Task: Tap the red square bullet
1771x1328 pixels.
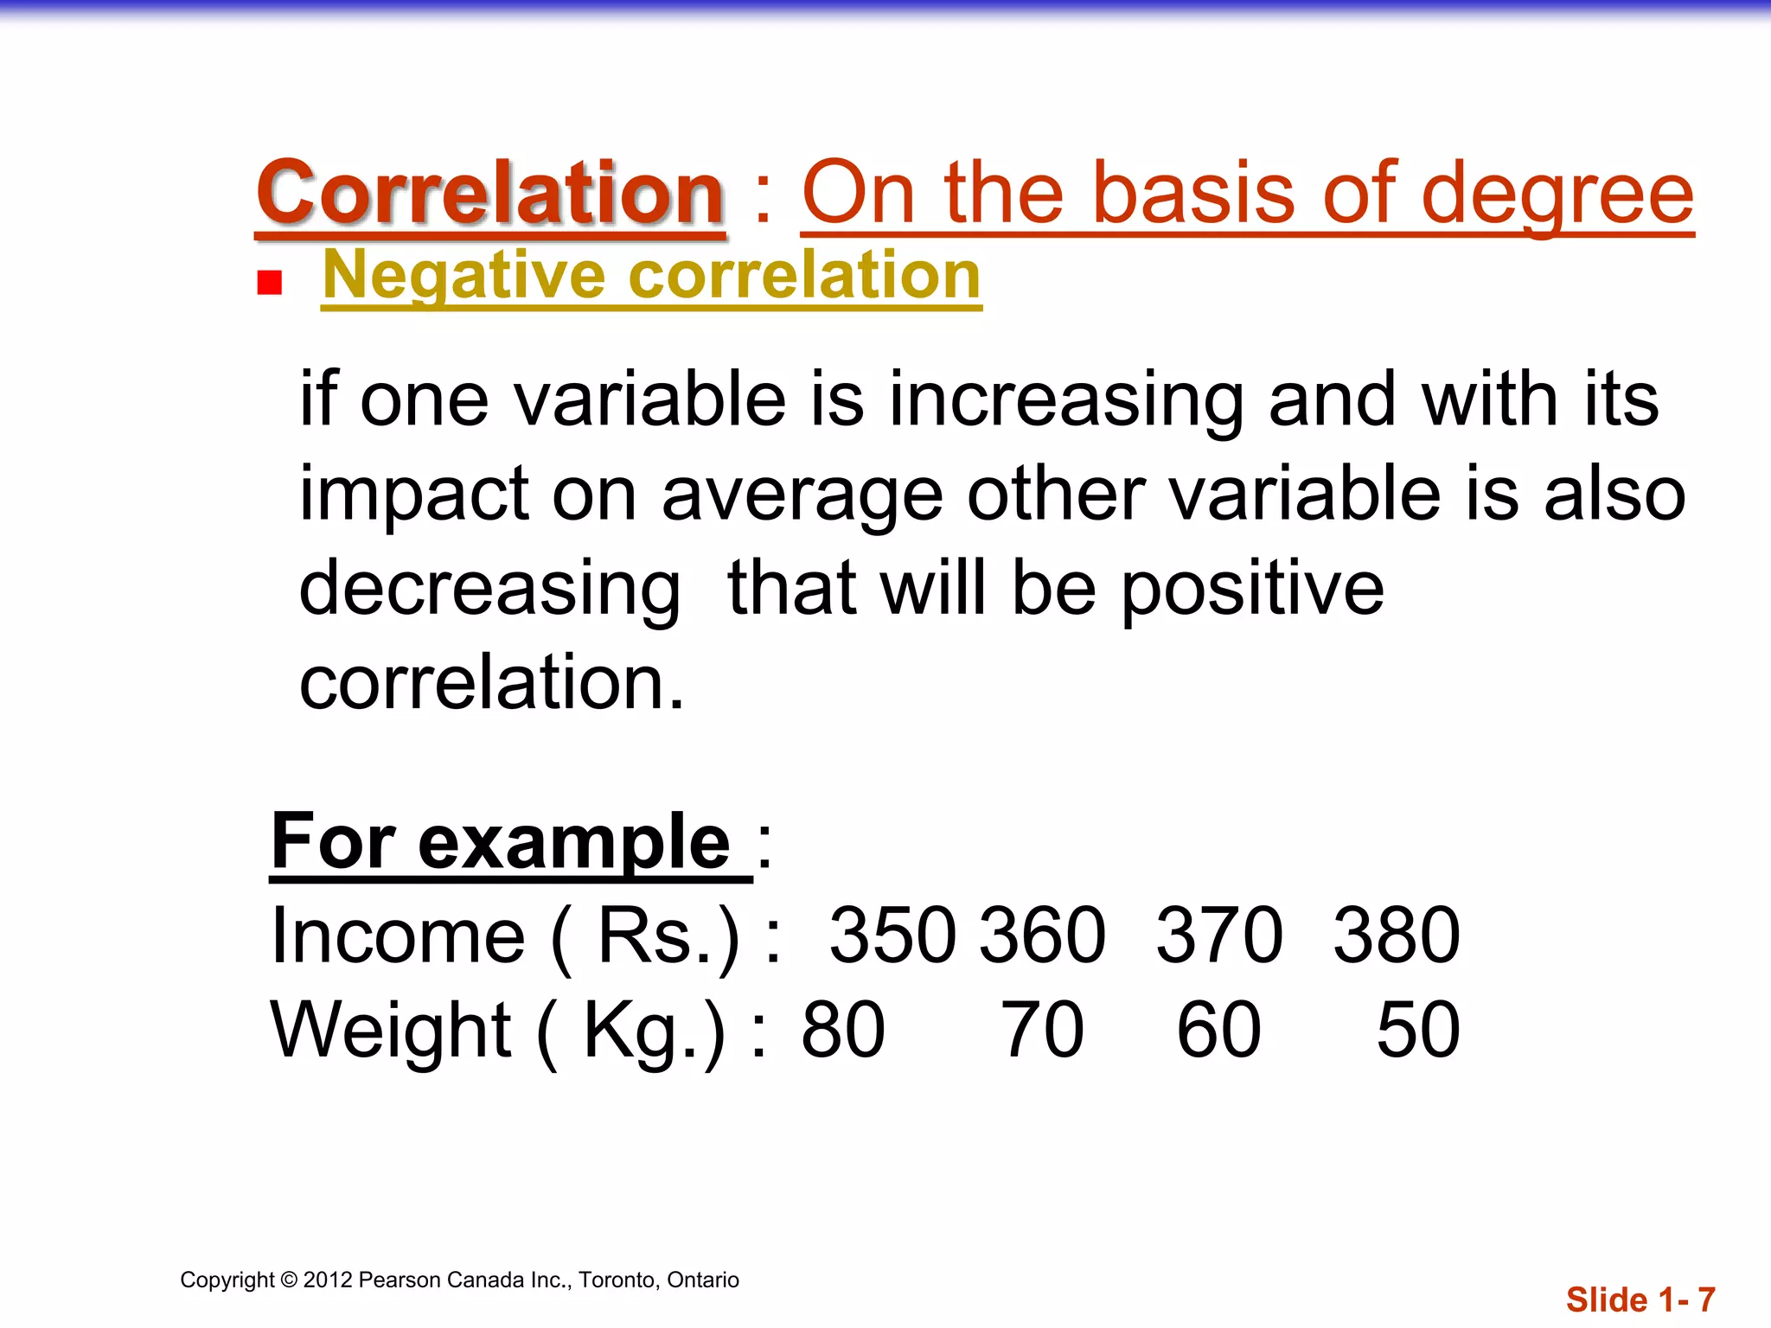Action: point(270,283)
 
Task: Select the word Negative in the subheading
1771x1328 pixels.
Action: point(464,277)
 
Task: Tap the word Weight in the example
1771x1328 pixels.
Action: point(391,1030)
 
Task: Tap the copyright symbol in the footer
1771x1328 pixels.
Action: point(289,1280)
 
